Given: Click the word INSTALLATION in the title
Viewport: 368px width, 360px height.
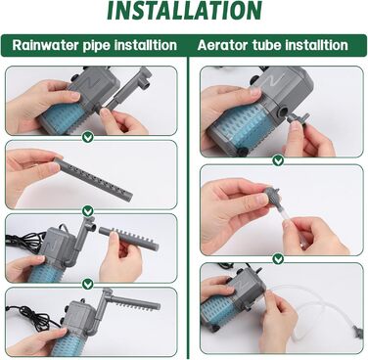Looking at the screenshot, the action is click(184, 11).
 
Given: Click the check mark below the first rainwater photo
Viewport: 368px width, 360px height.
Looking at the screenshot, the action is click(87, 137).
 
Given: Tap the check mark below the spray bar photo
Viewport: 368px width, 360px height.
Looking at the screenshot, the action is click(87, 211).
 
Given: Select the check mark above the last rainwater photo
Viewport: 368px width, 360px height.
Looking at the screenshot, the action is click(87, 285).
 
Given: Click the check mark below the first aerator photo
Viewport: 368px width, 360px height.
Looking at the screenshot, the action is click(278, 160).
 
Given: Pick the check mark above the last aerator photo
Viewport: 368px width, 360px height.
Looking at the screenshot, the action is click(278, 259).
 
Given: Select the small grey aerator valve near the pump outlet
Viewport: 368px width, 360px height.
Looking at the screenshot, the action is click(298, 118).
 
